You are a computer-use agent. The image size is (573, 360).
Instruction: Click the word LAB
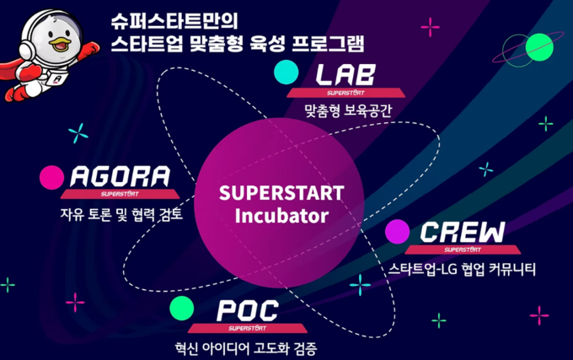pos(345,74)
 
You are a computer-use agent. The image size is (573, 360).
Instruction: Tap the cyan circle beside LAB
pos(286,72)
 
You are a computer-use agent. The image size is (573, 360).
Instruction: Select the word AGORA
pos(120,176)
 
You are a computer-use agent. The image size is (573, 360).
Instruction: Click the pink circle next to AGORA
pos(52,178)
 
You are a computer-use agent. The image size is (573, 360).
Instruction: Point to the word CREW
pos(463,232)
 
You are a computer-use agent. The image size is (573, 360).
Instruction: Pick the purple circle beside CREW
pos(397,232)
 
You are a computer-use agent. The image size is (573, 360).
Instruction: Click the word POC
pos(248,310)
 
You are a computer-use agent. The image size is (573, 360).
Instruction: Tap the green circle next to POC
pos(182,308)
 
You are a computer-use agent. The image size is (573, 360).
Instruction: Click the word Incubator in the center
pos(281,216)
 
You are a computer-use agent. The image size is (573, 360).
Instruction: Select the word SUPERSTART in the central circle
pos(281,193)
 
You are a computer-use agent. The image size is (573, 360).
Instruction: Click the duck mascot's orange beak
pos(61,44)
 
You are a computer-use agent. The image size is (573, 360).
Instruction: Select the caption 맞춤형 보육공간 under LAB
pos(348,110)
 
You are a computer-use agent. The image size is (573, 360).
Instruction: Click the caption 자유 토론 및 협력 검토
pos(121,214)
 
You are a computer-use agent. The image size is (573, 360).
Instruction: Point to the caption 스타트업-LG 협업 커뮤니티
pos(462,269)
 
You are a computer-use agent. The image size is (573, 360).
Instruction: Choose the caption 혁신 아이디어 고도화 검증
pos(245,348)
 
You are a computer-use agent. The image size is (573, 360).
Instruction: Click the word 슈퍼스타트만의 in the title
pos(174,21)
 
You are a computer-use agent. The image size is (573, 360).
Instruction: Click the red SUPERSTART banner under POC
pos(248,328)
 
